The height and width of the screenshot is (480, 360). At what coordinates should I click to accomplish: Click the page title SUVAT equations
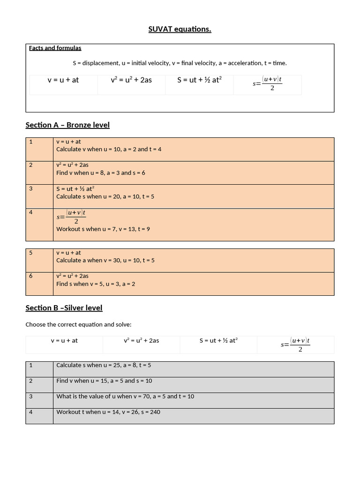(x=180, y=30)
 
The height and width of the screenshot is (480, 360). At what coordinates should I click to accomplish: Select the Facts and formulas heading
(x=55, y=48)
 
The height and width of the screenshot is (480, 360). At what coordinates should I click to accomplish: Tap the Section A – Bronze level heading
(x=67, y=125)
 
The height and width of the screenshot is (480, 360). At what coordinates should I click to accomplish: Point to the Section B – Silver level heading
(x=64, y=307)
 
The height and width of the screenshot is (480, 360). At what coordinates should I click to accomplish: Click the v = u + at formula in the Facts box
(x=63, y=80)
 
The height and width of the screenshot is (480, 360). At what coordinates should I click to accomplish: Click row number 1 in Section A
(x=31, y=142)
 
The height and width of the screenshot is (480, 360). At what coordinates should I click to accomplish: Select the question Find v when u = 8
(x=100, y=172)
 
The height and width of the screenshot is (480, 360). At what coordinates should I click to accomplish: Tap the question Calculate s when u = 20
(x=105, y=196)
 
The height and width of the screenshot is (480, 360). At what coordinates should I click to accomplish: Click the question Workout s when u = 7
(x=103, y=229)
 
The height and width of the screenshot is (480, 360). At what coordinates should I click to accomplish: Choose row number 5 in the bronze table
(x=31, y=253)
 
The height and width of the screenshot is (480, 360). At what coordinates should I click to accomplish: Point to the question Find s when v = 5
(x=96, y=284)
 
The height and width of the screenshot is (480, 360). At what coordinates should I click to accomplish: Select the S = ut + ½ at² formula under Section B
(x=218, y=340)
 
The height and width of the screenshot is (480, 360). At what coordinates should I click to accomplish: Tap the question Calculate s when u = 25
(x=104, y=365)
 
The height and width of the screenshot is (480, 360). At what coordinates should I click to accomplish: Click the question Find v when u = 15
(x=104, y=381)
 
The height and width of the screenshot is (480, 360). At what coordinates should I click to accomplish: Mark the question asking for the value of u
(x=125, y=396)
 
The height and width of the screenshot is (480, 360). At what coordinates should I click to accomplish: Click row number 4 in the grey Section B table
(x=31, y=412)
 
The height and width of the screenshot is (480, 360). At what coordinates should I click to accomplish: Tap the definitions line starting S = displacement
(x=180, y=63)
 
